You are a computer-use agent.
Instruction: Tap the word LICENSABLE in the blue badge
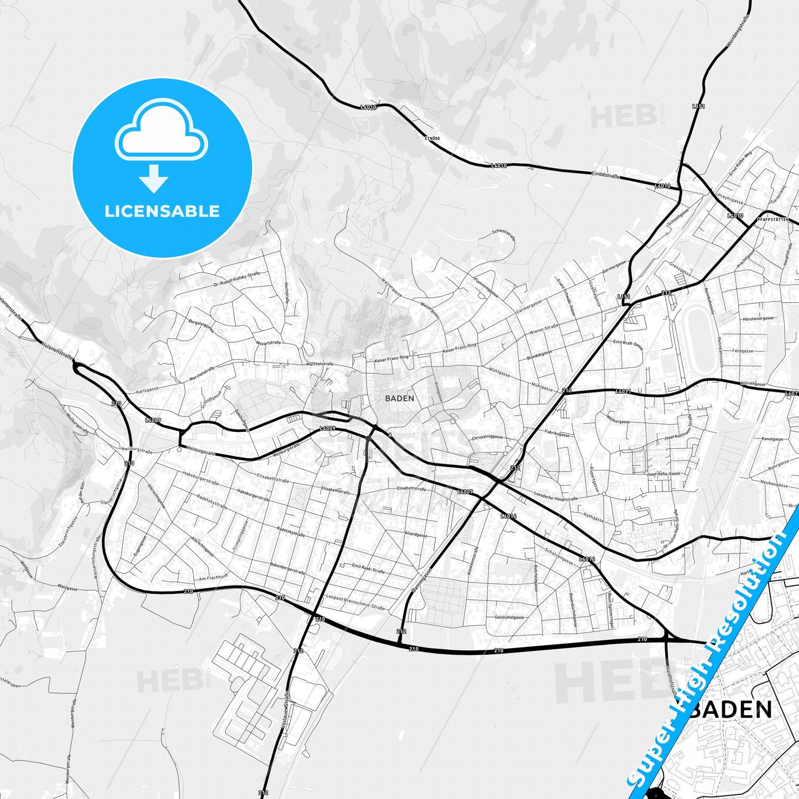[x=162, y=211]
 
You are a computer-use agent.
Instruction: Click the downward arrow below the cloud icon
[x=154, y=179]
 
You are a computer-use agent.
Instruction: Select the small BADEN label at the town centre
[x=399, y=398]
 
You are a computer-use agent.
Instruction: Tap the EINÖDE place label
[x=432, y=137]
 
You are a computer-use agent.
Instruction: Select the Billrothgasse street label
[x=753, y=384]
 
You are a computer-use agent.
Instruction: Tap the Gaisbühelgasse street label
[x=509, y=617]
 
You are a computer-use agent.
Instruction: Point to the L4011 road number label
[x=623, y=391]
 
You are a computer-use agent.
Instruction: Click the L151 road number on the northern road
[x=698, y=106]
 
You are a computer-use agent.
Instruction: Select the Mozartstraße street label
[x=268, y=343]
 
